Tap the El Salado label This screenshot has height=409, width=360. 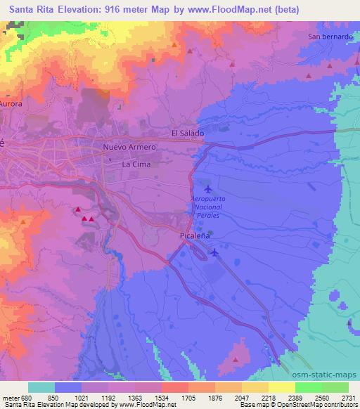pyautogui.click(x=187, y=133)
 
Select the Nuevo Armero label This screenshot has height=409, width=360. pyautogui.click(x=129, y=148)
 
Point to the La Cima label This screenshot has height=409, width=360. pyautogui.click(x=136, y=164)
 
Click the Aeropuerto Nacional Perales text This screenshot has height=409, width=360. pyautogui.click(x=208, y=209)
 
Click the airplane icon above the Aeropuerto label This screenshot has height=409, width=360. pyautogui.click(x=207, y=190)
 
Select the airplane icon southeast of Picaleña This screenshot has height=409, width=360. pyautogui.click(x=214, y=253)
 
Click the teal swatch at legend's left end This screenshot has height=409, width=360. pyautogui.click(x=41, y=387)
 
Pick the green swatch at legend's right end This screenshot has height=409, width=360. pyautogui.click(x=335, y=387)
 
